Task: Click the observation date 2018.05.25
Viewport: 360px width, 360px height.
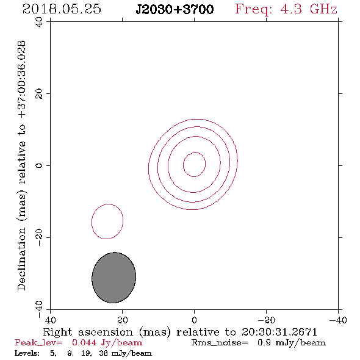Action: pyautogui.click(x=62, y=9)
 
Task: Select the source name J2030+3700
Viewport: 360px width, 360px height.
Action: pyautogui.click(x=175, y=9)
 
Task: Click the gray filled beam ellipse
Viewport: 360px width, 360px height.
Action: pyautogui.click(x=113, y=278)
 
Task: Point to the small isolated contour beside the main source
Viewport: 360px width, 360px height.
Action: pyautogui.click(x=92, y=221)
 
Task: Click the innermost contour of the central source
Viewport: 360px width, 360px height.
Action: pyautogui.click(x=183, y=164)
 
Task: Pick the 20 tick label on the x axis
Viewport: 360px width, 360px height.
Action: pyautogui.click(x=122, y=320)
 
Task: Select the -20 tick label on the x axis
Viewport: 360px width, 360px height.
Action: pyautogui.click(x=266, y=320)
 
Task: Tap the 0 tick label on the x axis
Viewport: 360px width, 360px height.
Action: pyautogui.click(x=194, y=320)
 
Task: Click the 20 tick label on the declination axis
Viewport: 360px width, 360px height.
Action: pyautogui.click(x=39, y=94)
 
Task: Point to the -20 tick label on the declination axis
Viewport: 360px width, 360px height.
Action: pyautogui.click(x=39, y=237)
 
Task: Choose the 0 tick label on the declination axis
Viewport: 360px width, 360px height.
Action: pyautogui.click(x=39, y=165)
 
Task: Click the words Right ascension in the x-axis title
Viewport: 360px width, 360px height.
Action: pyautogui.click(x=88, y=332)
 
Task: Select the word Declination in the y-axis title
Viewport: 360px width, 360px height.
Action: pyautogui.click(x=21, y=259)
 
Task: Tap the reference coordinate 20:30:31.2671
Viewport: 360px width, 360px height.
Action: pyautogui.click(x=279, y=332)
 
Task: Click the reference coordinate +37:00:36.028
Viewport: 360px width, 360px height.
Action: pyautogui.click(x=21, y=80)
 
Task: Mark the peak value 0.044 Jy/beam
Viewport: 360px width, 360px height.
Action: pyautogui.click(x=107, y=343)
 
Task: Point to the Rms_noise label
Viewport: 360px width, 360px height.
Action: pyautogui.click(x=220, y=343)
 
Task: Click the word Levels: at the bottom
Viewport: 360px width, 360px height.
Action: pyautogui.click(x=27, y=353)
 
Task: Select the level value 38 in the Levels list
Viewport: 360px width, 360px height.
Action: pyautogui.click(x=103, y=353)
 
